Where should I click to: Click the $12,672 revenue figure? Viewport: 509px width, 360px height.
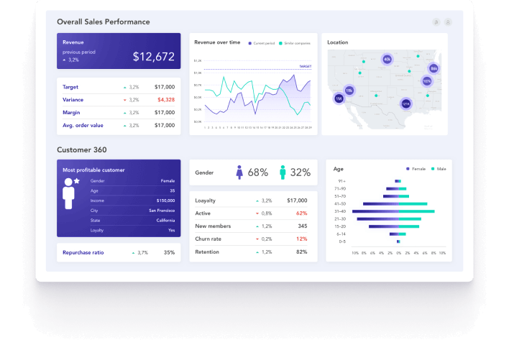pyautogui.click(x=153, y=57)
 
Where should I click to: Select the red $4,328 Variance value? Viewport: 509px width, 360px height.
pyautogui.click(x=165, y=100)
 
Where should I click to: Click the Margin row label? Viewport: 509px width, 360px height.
pyautogui.click(x=71, y=113)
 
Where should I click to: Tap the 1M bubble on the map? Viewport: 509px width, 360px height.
pyautogui.click(x=339, y=98)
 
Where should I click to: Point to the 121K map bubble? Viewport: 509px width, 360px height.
pyautogui.click(x=406, y=104)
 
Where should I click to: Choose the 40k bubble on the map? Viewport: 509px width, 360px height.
pyautogui.click(x=388, y=60)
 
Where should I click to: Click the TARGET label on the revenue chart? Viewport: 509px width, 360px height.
pyautogui.click(x=305, y=66)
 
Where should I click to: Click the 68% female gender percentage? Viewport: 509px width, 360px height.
pyautogui.click(x=257, y=172)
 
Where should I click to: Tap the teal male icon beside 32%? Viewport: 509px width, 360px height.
pyautogui.click(x=283, y=172)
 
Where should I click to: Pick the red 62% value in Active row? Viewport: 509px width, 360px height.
pyautogui.click(x=301, y=213)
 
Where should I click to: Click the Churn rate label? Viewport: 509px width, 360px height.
pyautogui.click(x=209, y=239)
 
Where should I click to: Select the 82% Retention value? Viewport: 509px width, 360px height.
pyautogui.click(x=301, y=252)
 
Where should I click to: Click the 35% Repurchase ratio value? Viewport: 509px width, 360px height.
pyautogui.click(x=169, y=253)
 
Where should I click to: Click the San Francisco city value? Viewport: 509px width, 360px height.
pyautogui.click(x=161, y=211)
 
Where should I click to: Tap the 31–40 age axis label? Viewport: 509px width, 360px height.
pyautogui.click(x=340, y=211)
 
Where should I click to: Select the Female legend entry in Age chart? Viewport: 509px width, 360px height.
pyautogui.click(x=418, y=168)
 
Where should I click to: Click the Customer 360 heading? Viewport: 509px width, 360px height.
pyautogui.click(x=82, y=149)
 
